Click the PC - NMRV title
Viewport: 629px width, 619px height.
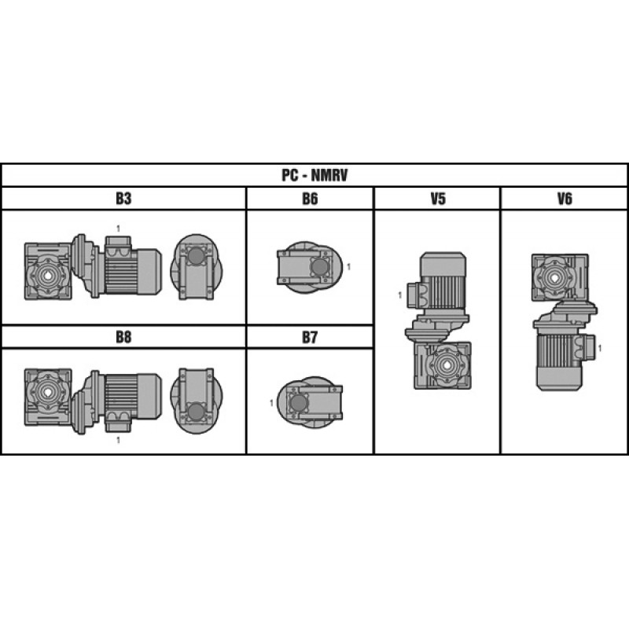pyautogui.click(x=314, y=175)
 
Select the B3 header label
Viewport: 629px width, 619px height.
pyautogui.click(x=123, y=199)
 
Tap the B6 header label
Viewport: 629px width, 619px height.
pyautogui.click(x=310, y=199)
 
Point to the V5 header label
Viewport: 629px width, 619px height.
pyautogui.click(x=438, y=199)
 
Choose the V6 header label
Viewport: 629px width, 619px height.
pyautogui.click(x=565, y=199)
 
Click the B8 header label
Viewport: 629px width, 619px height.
pyautogui.click(x=123, y=337)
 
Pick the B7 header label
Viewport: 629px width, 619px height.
pyautogui.click(x=310, y=337)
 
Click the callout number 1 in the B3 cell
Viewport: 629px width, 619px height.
pyautogui.click(x=118, y=229)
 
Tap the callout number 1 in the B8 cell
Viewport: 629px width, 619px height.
pyautogui.click(x=118, y=440)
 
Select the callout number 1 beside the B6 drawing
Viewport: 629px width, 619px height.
pyautogui.click(x=348, y=266)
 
